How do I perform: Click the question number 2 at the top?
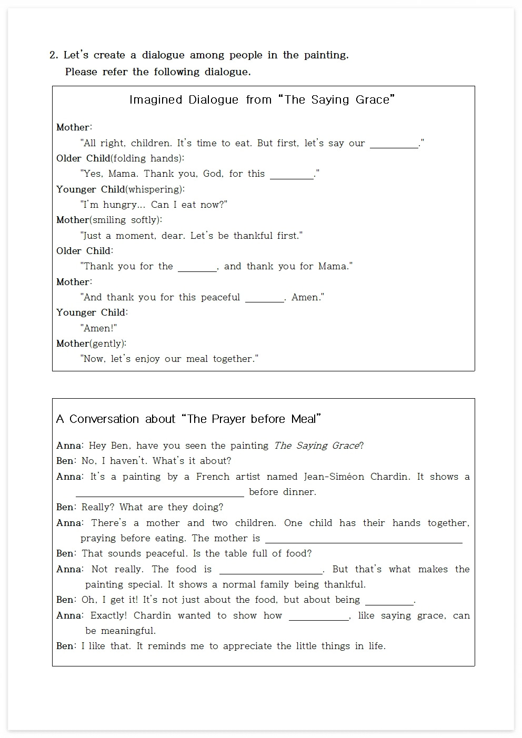(53, 55)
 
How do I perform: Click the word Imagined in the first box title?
(156, 100)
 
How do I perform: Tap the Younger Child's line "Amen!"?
(99, 328)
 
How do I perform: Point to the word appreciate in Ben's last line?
(249, 646)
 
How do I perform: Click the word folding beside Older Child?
(129, 158)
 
